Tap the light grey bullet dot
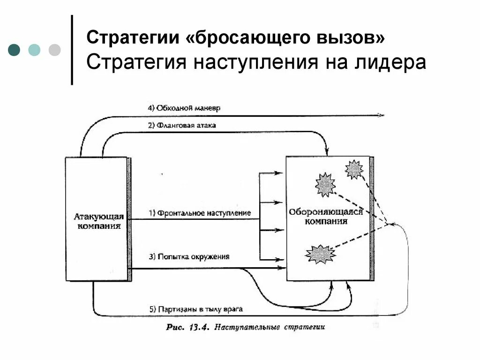tap(54, 50)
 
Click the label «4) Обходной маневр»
tap(184, 108)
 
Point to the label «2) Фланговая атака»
tap(182, 125)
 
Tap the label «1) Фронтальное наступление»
tap(200, 213)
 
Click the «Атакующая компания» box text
tap(98, 221)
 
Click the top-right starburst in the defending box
tap(354, 169)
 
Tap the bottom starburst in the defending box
tap(320, 254)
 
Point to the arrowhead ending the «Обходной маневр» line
tap(382, 115)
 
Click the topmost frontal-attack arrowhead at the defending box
tap(281, 173)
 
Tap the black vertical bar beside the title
tap(72, 50)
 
